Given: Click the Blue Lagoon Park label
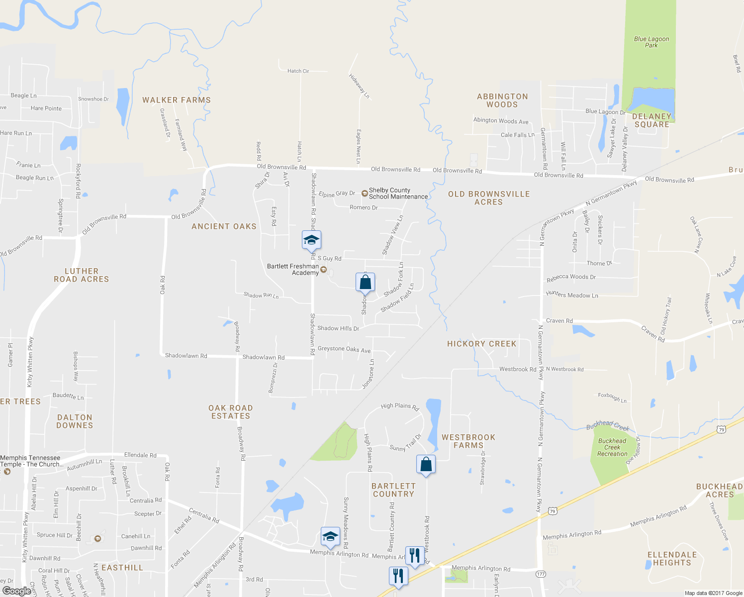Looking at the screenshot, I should point(651,42).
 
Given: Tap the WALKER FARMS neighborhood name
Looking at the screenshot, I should point(177,100).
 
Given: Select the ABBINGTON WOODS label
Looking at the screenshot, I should point(502,100).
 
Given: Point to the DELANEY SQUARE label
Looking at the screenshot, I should point(651,120).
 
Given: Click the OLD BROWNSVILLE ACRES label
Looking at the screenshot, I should point(489,198).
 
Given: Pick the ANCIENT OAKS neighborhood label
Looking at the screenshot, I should point(224,226).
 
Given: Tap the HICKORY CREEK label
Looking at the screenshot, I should point(481,344).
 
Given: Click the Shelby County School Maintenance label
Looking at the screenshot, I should point(398,194).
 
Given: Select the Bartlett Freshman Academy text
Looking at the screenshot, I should point(293,269).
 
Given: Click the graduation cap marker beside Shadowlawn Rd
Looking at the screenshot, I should point(311,240).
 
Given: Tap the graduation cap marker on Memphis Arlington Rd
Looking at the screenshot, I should point(330,537).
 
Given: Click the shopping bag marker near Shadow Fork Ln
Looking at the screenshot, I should point(365,282).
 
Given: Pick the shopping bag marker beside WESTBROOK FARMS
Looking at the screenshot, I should point(426,465).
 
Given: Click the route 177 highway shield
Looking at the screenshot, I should point(541,574).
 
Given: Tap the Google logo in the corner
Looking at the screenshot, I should point(17,591).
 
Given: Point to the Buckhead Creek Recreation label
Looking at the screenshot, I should point(612,447).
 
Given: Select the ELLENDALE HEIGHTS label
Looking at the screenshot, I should point(672,559).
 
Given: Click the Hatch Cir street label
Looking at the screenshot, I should point(298,71).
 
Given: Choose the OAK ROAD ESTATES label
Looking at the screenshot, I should point(230,412).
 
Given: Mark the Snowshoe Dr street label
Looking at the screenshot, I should point(93,99).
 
